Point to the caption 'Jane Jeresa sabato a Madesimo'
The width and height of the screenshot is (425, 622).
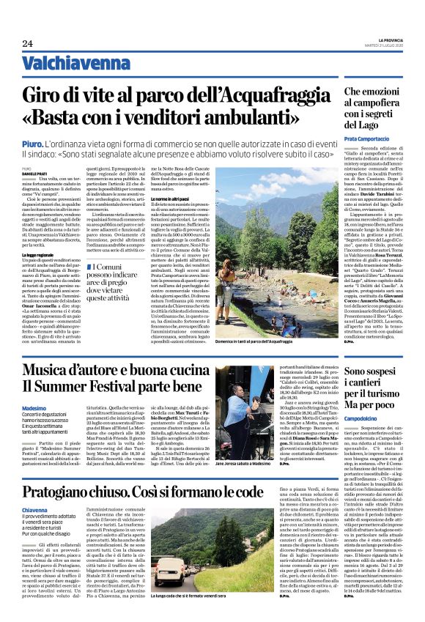click(x=242, y=444)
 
